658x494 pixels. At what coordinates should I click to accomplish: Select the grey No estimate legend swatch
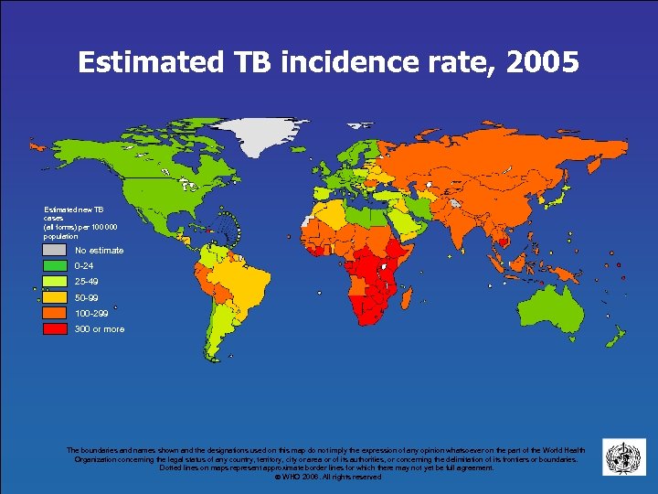(x=55, y=250)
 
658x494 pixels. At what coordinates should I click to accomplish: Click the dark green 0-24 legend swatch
(x=55, y=265)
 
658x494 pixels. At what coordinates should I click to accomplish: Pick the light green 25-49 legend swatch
(x=55, y=281)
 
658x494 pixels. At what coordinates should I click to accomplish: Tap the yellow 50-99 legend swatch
(x=55, y=297)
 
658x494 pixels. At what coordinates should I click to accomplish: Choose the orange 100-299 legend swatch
(x=55, y=313)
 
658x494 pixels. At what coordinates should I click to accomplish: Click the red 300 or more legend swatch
(x=55, y=328)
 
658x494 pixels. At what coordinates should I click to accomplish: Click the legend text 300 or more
(x=100, y=329)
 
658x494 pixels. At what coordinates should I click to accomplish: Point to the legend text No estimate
(x=99, y=251)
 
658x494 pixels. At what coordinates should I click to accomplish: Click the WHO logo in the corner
(x=623, y=456)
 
